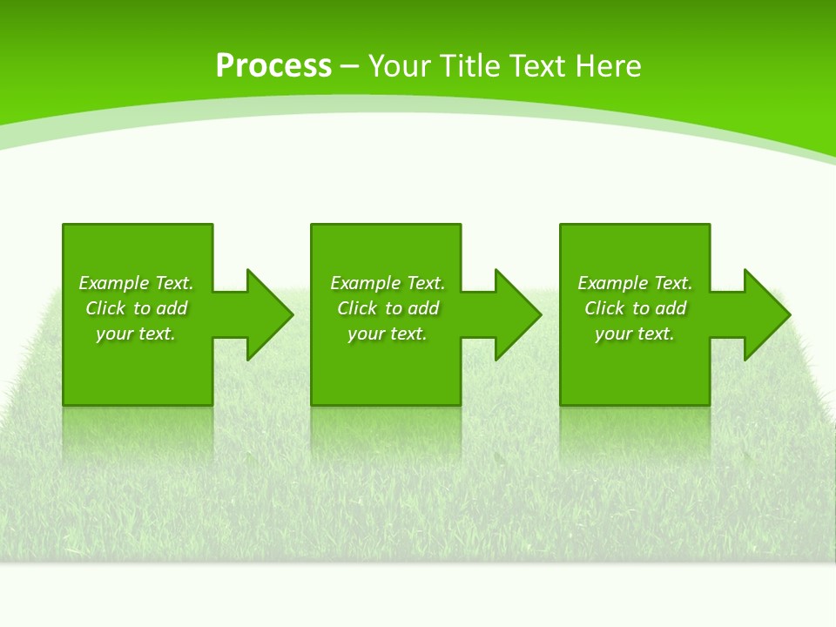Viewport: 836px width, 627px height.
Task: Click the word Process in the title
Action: [273, 66]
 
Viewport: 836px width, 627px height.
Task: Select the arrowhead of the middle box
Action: [516, 314]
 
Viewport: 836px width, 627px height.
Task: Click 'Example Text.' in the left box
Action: [136, 283]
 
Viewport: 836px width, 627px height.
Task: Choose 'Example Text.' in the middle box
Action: [388, 283]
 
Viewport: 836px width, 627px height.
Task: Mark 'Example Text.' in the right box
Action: [635, 283]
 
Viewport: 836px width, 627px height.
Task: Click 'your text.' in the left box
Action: [136, 334]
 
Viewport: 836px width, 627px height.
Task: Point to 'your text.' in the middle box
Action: [388, 334]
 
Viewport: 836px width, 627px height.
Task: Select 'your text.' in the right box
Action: [635, 334]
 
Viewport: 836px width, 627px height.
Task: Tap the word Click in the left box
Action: [105, 308]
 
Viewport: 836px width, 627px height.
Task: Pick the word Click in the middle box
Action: [357, 308]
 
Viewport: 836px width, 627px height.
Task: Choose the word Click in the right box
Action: [604, 308]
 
